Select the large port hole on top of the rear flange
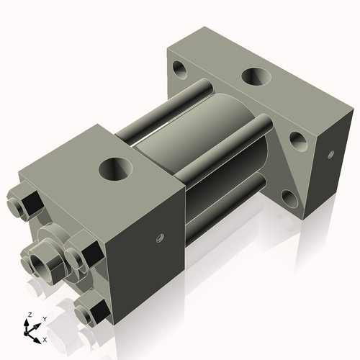(257, 76)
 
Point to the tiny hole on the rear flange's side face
(330, 154)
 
